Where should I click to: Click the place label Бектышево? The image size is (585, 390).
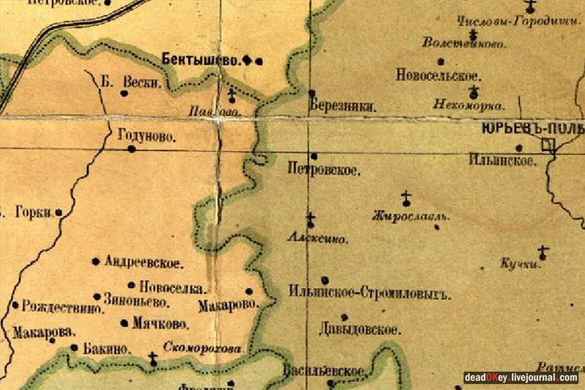201,60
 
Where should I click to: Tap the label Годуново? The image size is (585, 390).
148,136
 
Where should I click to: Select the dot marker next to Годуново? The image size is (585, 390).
131,149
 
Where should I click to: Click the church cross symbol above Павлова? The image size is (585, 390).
231,96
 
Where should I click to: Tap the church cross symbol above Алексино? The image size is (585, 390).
311,220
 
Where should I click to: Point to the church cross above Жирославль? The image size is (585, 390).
406,198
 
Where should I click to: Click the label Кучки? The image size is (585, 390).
520,264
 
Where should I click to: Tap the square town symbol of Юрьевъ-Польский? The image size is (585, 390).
549,145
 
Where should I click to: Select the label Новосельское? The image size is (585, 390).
438,75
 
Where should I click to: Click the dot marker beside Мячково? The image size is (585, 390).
124,323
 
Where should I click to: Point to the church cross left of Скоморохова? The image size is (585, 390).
153,358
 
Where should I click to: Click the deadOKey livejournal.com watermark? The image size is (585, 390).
521,378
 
